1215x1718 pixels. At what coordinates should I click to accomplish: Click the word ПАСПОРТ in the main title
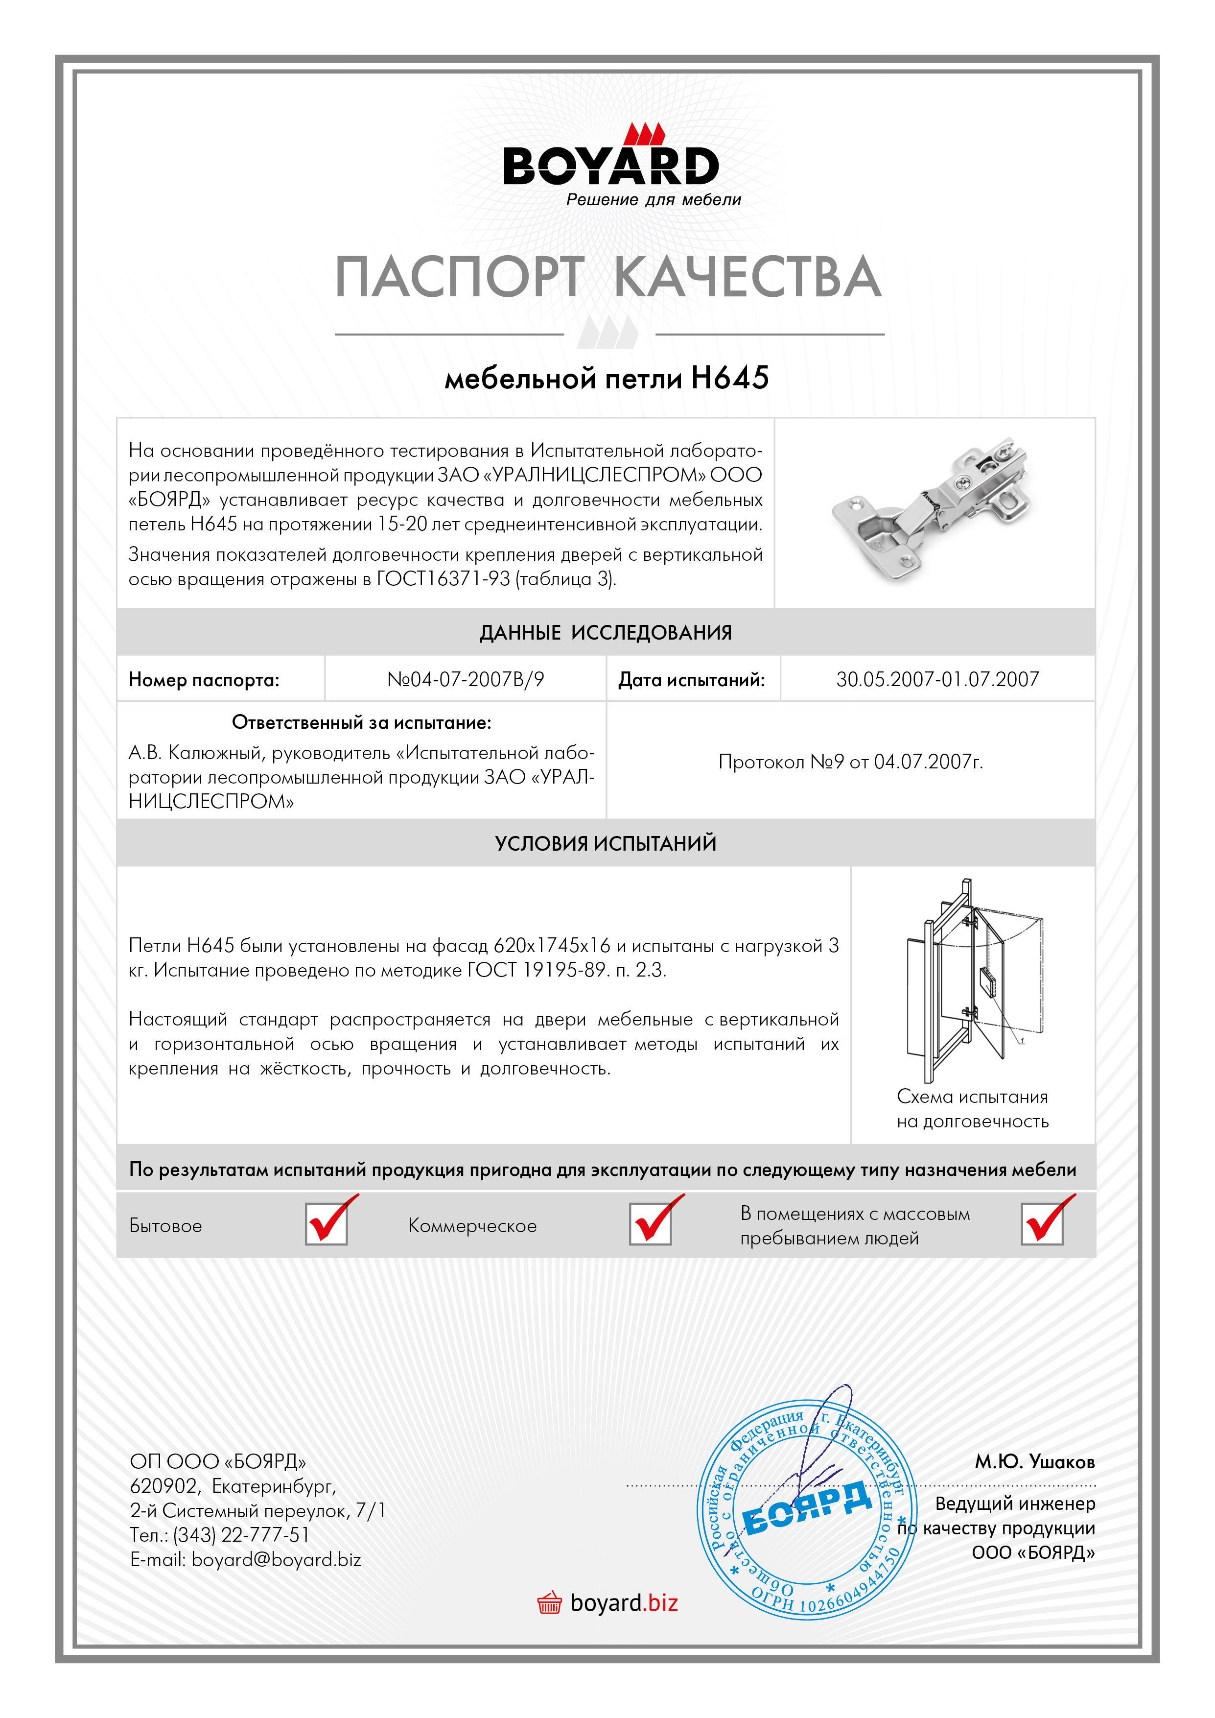(x=459, y=277)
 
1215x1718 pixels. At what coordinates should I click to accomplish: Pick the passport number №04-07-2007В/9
(x=466, y=679)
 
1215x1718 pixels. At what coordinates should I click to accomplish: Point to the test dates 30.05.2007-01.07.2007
(x=937, y=679)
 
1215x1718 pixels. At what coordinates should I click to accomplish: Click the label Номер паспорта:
(x=204, y=680)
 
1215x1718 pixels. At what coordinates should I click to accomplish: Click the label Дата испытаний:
(x=691, y=680)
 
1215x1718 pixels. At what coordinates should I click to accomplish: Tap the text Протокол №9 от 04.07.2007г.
(x=851, y=762)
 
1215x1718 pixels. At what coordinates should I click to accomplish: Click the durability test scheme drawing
(x=973, y=980)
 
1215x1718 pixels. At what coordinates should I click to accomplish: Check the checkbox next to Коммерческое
(x=650, y=1224)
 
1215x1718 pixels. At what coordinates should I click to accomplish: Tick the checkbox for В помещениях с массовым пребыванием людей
(x=1042, y=1224)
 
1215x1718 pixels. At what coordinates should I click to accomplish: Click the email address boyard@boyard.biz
(x=276, y=1559)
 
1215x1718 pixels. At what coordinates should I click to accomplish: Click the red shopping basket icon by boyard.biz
(x=549, y=1603)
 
